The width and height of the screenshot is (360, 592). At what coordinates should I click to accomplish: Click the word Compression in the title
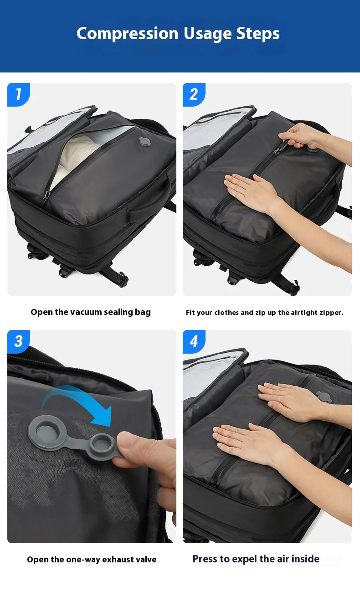127,33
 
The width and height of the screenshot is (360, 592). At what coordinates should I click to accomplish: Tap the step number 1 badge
18,94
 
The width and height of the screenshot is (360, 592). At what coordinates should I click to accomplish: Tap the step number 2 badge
194,94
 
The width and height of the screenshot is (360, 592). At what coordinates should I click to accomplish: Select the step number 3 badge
18,341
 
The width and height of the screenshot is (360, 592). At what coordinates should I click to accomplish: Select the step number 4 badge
194,341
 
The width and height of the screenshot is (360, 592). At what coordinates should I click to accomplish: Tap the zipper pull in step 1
46,196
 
